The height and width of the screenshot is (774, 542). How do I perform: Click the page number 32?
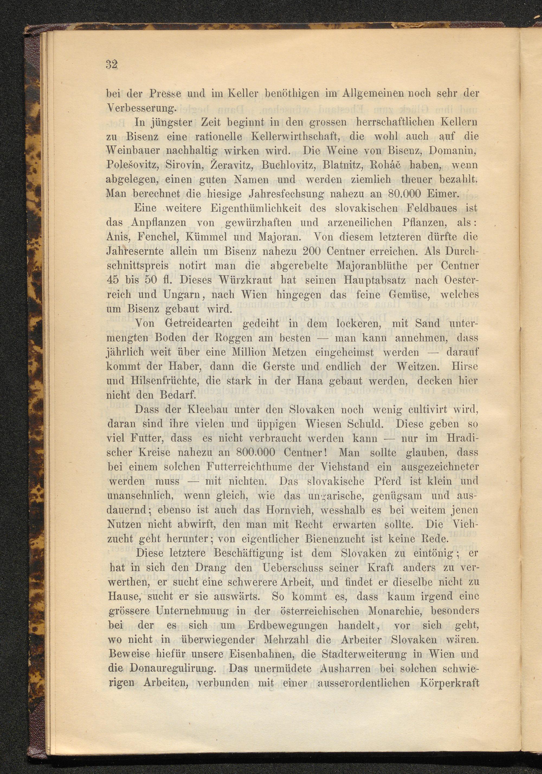pyautogui.click(x=111, y=64)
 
